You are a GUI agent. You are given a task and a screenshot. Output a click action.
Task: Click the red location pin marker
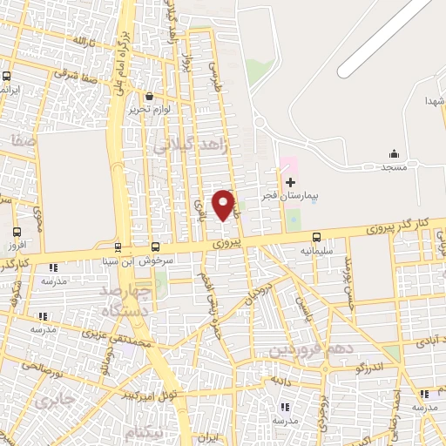tap(224, 205)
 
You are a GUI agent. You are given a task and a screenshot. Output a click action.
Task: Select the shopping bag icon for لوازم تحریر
tap(151, 96)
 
